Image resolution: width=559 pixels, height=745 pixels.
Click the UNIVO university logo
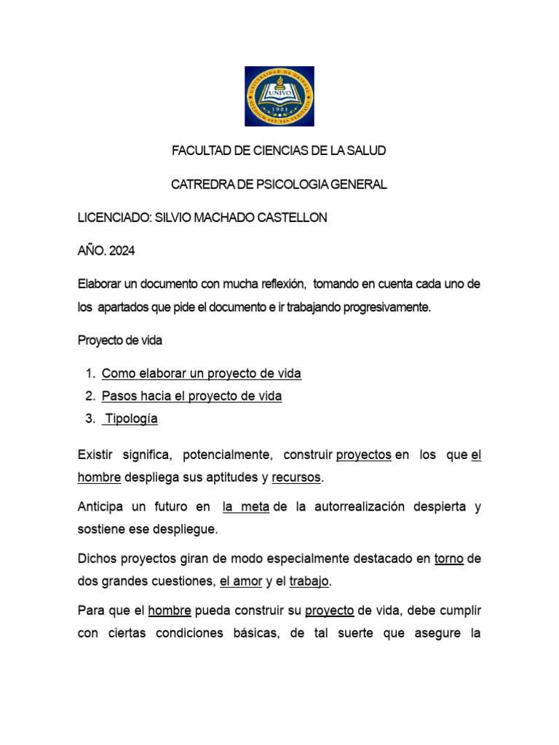(279, 96)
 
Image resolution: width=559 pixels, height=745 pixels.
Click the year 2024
(122, 251)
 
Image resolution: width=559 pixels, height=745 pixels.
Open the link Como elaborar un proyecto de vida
(201, 373)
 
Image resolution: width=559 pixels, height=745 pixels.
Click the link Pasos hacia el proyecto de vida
(191, 396)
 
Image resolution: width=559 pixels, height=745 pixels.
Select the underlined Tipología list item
(132, 418)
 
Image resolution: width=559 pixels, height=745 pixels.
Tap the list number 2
(90, 396)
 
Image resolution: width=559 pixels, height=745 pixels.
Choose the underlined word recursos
(296, 478)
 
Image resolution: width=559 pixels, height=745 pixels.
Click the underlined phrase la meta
(246, 507)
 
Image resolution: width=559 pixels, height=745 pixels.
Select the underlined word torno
(449, 559)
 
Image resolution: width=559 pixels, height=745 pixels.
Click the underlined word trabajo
(310, 581)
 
